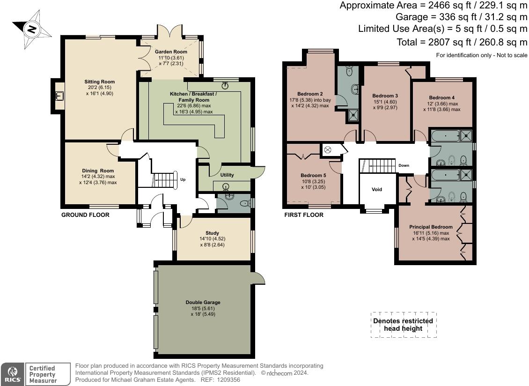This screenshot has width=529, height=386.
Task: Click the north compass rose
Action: click(32, 29)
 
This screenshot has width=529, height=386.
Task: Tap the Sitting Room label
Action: click(100, 82)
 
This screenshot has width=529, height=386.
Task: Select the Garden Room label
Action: click(171, 52)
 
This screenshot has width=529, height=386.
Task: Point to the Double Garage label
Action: click(203, 303)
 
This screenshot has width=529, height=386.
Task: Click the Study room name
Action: click(212, 233)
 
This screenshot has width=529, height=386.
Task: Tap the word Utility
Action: click(227, 175)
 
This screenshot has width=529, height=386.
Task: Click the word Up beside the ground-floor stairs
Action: click(183, 179)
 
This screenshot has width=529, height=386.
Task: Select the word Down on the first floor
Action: click(404, 165)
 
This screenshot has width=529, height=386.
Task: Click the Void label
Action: click(377, 189)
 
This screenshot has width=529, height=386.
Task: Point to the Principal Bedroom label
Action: click(431, 227)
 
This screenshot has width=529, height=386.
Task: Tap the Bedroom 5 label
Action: click(313, 175)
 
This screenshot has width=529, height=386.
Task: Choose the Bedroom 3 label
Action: click(385, 96)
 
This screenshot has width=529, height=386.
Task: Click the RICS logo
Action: click(13, 374)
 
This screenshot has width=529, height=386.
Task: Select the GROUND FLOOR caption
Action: click(85, 215)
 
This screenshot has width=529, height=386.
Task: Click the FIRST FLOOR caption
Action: click(304, 215)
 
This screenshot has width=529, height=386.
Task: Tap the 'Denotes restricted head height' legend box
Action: click(404, 325)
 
